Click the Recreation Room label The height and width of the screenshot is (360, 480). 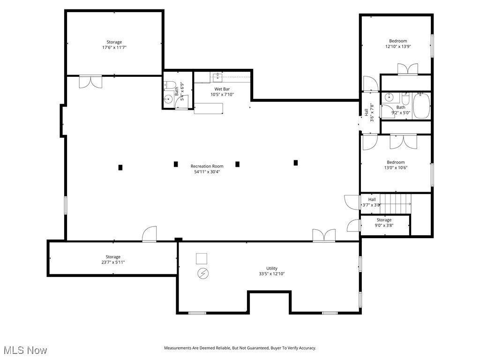[x=207, y=166]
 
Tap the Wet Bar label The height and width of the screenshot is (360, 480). [x=222, y=89]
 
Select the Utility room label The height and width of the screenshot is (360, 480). [x=272, y=268]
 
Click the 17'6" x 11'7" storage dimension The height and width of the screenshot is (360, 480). [x=114, y=47]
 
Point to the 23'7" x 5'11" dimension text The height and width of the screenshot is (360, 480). [x=112, y=262]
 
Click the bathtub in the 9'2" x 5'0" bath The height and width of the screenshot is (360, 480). [x=421, y=106]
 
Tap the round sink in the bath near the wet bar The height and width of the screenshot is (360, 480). [x=168, y=99]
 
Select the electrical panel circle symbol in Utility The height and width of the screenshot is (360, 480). [x=203, y=273]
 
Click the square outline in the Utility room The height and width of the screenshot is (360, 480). [x=202, y=258]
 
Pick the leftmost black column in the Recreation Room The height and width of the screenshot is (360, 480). [x=120, y=167]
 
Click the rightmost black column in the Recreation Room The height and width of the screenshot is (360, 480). [x=296, y=163]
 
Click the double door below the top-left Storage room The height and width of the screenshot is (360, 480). [x=90, y=82]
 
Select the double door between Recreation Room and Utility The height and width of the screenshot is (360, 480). [x=324, y=235]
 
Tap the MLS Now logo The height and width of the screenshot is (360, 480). [x=25, y=350]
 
